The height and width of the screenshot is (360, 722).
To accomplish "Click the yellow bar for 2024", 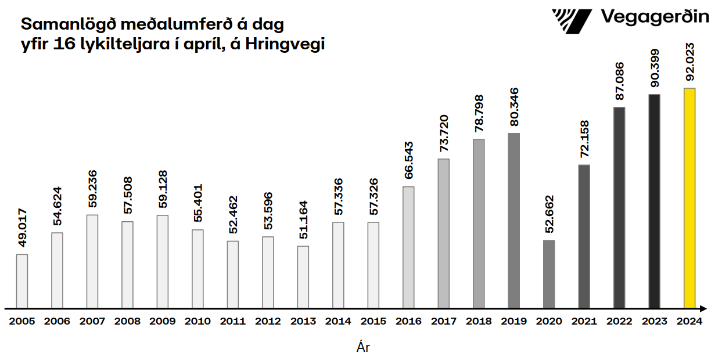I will coord(689,197).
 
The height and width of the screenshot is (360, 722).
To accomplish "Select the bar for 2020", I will coord(549,273).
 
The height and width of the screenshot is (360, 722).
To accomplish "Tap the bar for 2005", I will coord(22,280).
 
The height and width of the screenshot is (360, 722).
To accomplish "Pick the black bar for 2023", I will coord(654,200).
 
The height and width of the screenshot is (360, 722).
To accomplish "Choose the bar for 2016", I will coord(408,247).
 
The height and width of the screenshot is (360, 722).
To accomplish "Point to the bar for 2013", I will coord(303,276).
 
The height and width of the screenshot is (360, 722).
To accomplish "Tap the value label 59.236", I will coord(92,189).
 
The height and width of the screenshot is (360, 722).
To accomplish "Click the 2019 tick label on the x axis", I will coord(513,321).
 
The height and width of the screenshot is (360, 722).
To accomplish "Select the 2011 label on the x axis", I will coord(233,321).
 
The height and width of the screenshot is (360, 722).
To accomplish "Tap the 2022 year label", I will coord(619,321).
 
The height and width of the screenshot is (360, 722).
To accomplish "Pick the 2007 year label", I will coord(92,321).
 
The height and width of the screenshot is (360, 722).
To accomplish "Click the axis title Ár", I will coord(363,348).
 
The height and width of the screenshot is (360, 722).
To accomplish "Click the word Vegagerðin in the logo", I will coord(654,16).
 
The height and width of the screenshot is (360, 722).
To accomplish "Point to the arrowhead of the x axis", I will coord(703,308).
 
